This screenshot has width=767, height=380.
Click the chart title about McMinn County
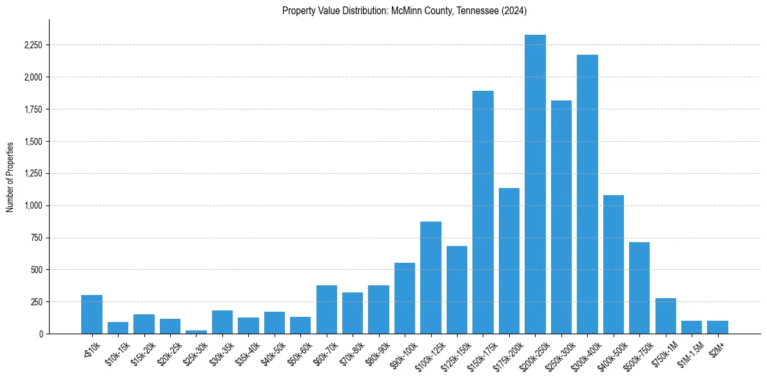(x=405, y=10)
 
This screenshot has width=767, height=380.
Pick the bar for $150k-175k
(x=483, y=213)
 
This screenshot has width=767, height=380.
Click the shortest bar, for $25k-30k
(x=196, y=332)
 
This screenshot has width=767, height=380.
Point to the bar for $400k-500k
(x=613, y=264)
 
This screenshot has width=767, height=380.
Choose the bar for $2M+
(x=717, y=327)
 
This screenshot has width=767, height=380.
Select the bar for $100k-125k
(x=431, y=278)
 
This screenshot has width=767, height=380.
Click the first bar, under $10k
(x=92, y=314)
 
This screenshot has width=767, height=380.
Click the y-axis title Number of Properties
(x=10, y=176)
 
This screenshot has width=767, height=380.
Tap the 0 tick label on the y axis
(x=41, y=334)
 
